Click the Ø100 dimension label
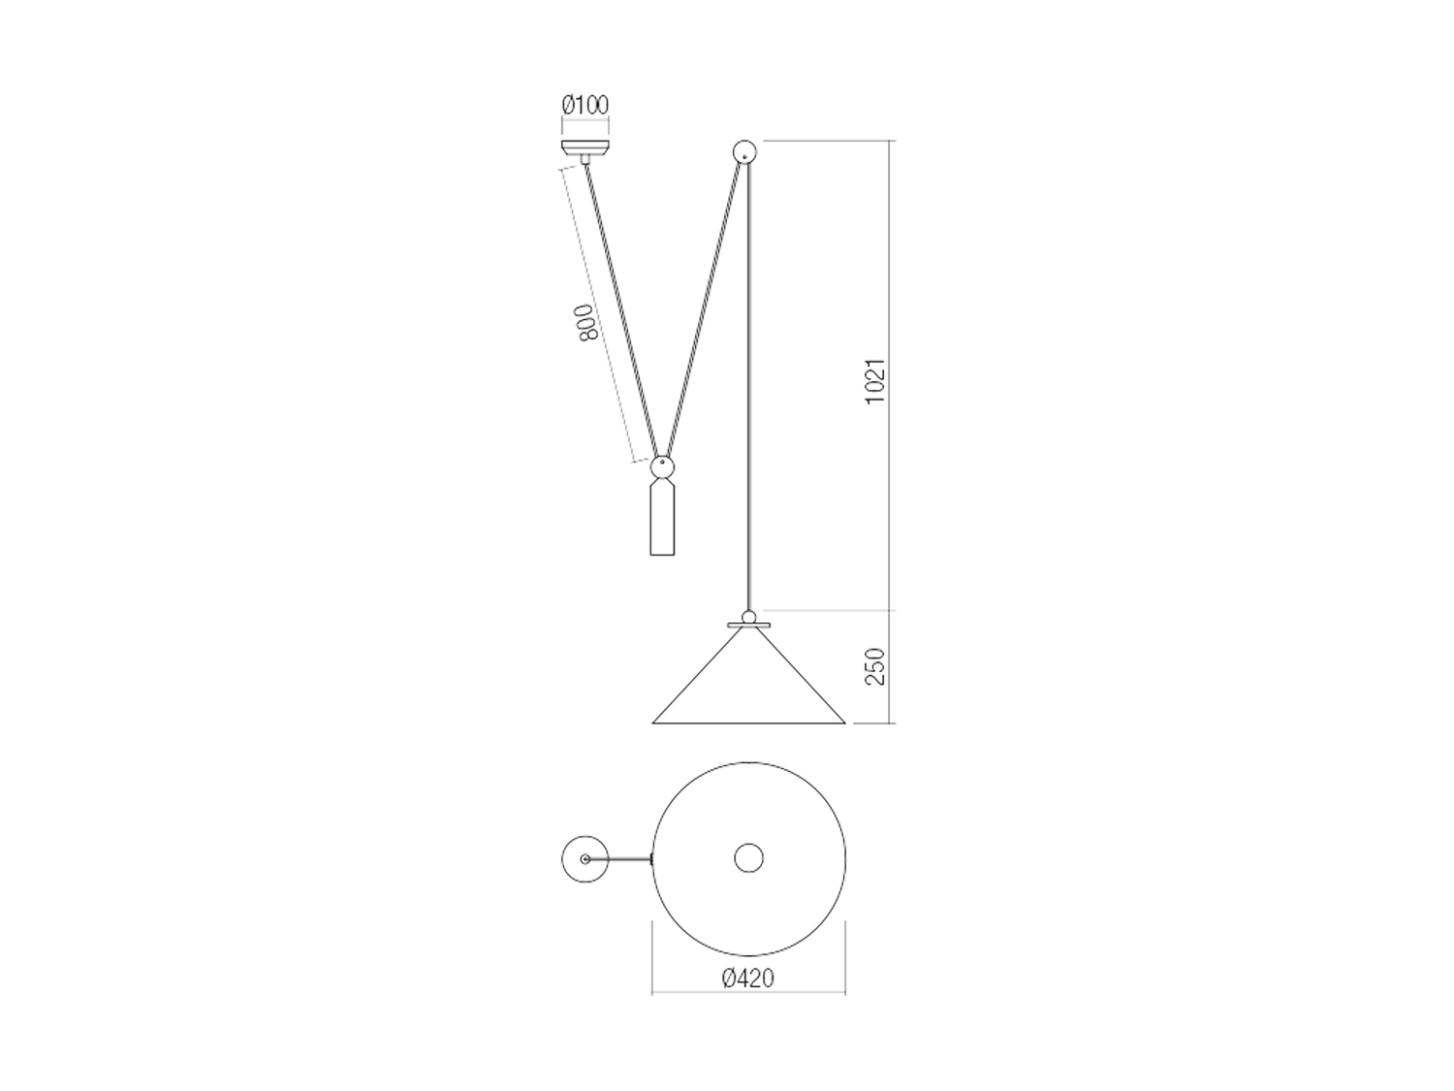pos(585,106)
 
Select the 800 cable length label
pos(586,322)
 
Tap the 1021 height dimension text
pos(875,381)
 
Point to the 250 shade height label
pos(875,666)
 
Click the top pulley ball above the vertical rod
pos(744,151)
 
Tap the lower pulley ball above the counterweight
pos(662,467)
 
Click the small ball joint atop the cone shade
pos(748,617)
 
